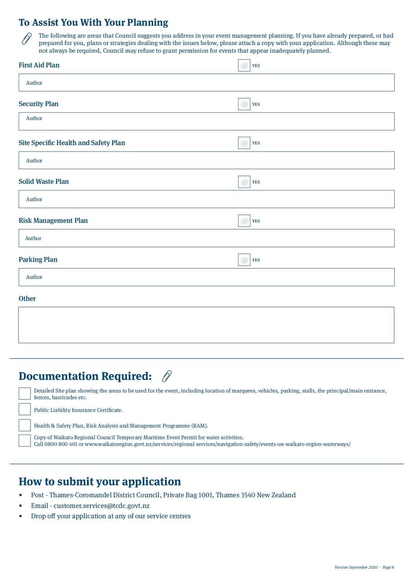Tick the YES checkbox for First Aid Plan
[244, 65]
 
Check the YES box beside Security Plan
[244, 104]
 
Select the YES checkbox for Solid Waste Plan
[244, 182]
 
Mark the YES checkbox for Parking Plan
[244, 259]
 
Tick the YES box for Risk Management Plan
[244, 221]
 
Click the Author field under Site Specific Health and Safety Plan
[206, 160]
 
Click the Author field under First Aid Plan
[206, 83]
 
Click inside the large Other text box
[206, 325]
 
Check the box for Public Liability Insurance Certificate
[24, 409]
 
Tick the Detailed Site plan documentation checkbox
[24, 393]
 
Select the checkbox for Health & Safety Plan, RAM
[24, 426]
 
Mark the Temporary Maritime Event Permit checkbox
[24, 441]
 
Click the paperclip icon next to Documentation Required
[167, 376]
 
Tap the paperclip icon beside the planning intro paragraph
[26, 39]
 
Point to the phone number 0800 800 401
[62, 444]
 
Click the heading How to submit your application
[100, 481]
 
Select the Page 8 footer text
[388, 567]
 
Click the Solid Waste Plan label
[43, 182]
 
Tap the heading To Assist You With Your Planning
[93, 22]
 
